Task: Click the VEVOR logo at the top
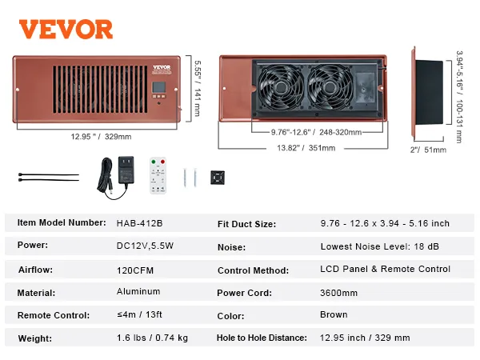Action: pos(66,29)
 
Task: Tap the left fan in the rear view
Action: pos(280,86)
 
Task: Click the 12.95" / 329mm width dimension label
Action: pos(101,136)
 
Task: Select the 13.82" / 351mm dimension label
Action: pos(305,148)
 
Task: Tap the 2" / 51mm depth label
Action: pos(427,148)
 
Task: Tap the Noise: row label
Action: pos(231,248)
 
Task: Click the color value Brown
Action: pos(334,315)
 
